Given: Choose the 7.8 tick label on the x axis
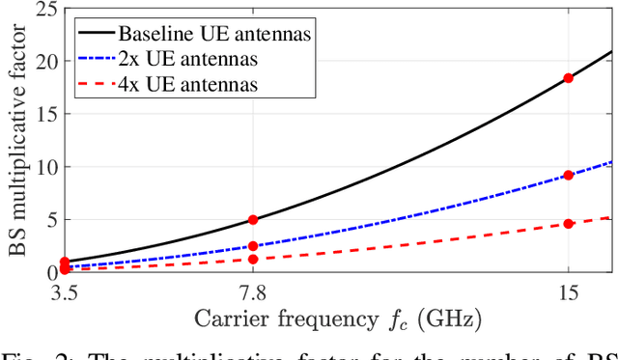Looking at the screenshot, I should [x=253, y=291].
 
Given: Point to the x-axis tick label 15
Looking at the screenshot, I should [x=568, y=291].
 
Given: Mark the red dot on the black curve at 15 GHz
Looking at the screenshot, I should [x=568, y=78].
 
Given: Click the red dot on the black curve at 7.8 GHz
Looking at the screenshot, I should [x=253, y=220].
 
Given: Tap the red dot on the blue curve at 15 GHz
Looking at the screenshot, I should [x=568, y=175].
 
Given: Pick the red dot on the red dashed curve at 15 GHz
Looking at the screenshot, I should [x=568, y=224].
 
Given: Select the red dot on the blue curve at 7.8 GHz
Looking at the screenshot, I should [x=253, y=246].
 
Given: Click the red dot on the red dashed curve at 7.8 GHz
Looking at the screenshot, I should [x=253, y=259].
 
